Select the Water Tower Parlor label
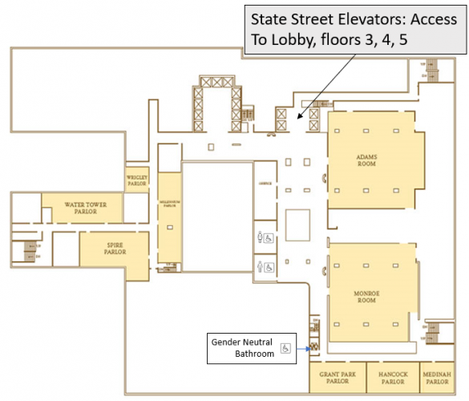point(80,209)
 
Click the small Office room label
point(266,183)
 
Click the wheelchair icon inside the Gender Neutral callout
point(285,349)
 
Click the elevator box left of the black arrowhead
point(281,119)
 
